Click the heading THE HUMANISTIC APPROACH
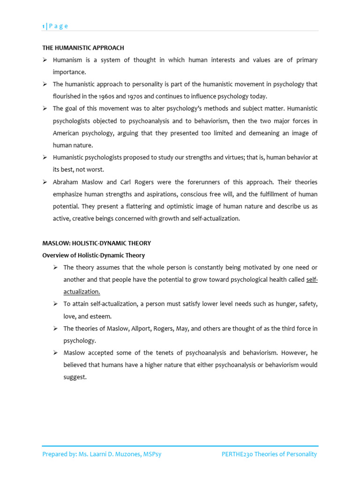83,48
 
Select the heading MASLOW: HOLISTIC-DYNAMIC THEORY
97,243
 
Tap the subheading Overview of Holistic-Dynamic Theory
93,255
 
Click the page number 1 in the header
44,26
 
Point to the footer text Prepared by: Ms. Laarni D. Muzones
102,454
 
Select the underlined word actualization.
82,292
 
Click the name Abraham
65,182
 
